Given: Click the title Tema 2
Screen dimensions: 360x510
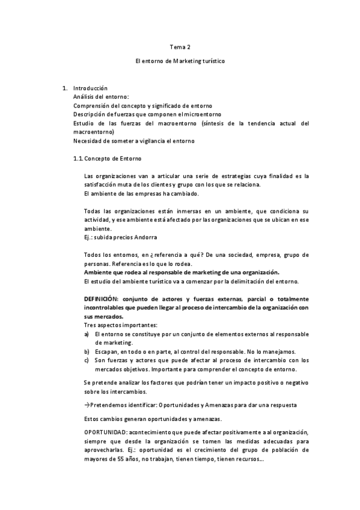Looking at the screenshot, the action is click(x=180, y=46).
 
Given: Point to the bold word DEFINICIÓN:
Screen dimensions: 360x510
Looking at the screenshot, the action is click(x=104, y=299).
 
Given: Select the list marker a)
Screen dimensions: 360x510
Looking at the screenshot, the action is click(x=87, y=334).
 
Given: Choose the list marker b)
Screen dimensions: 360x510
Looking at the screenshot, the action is click(x=87, y=351).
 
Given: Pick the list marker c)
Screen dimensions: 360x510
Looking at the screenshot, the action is click(x=87, y=360).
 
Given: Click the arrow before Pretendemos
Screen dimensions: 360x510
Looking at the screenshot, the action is click(x=87, y=405).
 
